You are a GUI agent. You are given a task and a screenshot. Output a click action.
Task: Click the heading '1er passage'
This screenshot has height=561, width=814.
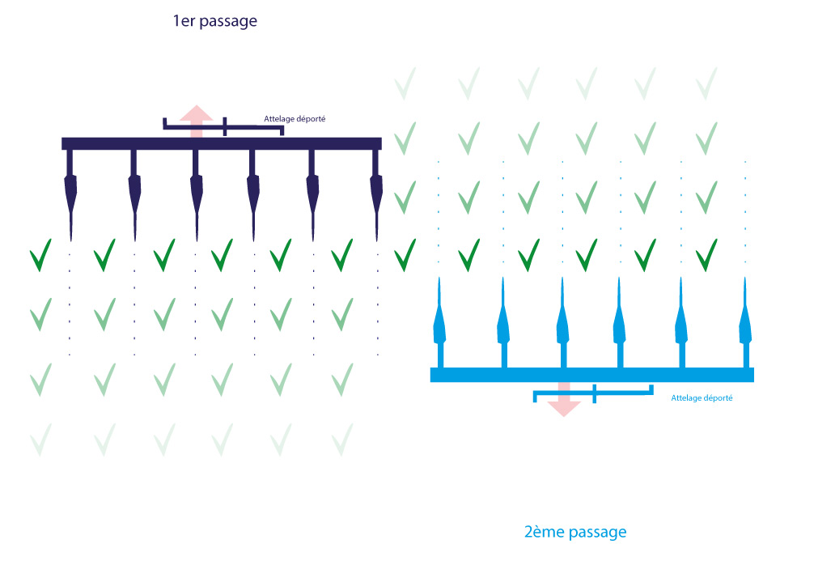214,22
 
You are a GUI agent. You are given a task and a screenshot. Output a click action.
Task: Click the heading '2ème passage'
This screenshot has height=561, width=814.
575,532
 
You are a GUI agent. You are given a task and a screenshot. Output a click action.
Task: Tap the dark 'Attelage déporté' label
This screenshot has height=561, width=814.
295,119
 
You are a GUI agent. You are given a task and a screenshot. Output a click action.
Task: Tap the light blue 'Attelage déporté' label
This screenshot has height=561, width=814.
702,398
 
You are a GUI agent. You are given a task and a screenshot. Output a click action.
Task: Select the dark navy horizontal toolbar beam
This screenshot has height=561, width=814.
222,143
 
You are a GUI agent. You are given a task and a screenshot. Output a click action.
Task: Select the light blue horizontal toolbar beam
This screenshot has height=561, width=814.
591,374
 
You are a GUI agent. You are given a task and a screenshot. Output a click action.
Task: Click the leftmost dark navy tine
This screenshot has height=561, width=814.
70,194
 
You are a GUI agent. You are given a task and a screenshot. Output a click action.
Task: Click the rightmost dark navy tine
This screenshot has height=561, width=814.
376,194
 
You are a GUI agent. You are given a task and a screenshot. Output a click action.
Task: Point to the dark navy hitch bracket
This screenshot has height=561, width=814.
224,125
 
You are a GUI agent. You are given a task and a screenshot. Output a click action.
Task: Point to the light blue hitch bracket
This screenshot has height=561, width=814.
594,393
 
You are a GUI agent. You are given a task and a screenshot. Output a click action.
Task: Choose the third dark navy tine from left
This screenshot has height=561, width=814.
196,194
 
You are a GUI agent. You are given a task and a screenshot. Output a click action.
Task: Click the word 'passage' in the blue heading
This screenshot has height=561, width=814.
597,532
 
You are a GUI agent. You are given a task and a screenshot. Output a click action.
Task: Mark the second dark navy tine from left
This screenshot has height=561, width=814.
134,194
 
